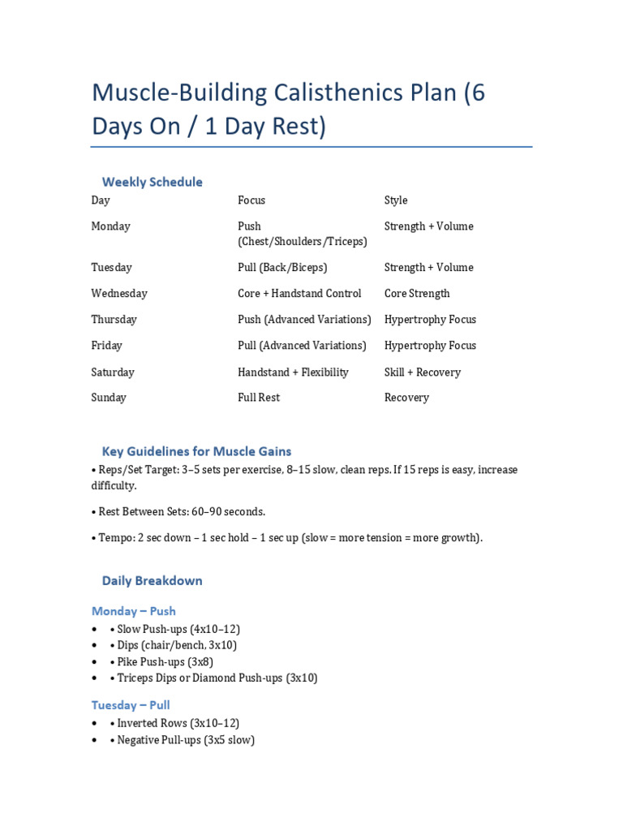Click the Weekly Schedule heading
pos(152,182)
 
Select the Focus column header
pos(251,200)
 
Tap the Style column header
pos(396,200)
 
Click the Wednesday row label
pos(119,294)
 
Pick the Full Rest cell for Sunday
pos(259,398)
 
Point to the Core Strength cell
pos(417,294)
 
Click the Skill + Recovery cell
pos(422,372)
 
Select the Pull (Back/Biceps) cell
pos(282,268)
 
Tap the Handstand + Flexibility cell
pos(293,372)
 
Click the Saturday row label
pos(113,372)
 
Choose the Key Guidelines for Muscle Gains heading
pos(196,451)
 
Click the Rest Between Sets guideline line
pos(178,512)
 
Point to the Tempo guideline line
pos(287,538)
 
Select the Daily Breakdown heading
pos(152,581)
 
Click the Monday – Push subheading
pos(134,611)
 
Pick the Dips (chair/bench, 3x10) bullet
pos(177,645)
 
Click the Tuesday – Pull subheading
pos(131,705)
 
